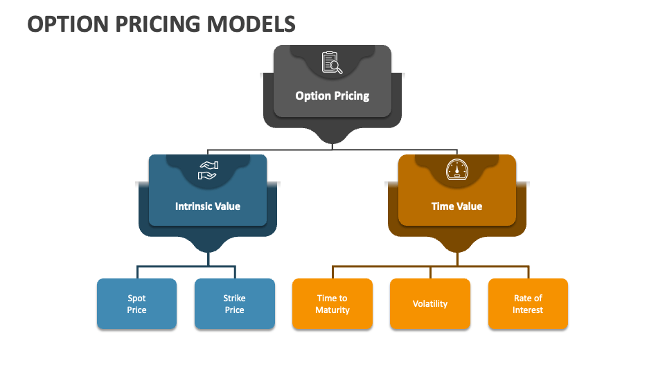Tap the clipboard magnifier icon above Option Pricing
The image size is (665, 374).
[332, 62]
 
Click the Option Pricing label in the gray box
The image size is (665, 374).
[332, 96]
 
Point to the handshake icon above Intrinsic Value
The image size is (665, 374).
[208, 170]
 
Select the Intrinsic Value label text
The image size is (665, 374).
[208, 206]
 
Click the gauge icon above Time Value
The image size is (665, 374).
[457, 170]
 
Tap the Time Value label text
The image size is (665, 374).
[457, 206]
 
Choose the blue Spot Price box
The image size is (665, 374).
[136, 304]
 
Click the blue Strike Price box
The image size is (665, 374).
[234, 304]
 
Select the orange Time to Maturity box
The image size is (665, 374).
[332, 304]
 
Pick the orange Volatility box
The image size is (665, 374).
[430, 304]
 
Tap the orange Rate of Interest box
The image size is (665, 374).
[528, 304]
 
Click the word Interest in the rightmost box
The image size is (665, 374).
[528, 310]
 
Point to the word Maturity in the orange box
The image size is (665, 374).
[332, 310]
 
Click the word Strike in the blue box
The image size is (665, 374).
[234, 299]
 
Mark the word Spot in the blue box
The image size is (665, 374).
[136, 299]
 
